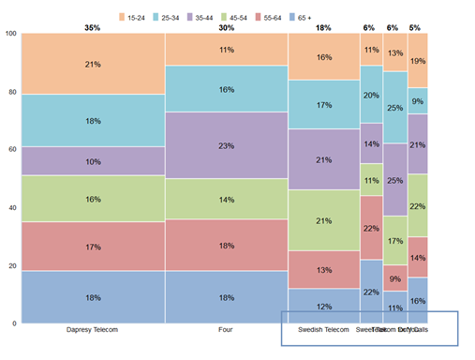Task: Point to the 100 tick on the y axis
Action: tap(10, 34)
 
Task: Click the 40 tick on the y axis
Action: tap(12, 207)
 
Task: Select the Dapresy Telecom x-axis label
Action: tap(91, 330)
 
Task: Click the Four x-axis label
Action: tap(227, 330)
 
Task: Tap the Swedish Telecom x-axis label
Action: tap(323, 330)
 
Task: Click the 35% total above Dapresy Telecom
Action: tap(92, 27)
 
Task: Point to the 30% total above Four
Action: tap(227, 27)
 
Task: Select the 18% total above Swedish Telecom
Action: tap(323, 27)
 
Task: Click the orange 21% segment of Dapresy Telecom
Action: tap(92, 64)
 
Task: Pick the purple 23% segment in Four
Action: tap(227, 145)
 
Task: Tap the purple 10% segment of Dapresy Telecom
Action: tap(92, 161)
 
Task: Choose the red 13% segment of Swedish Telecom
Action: tap(323, 270)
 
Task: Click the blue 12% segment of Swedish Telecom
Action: tap(323, 307)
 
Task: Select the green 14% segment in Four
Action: tap(227, 199)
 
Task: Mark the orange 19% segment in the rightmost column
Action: tap(418, 60)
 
